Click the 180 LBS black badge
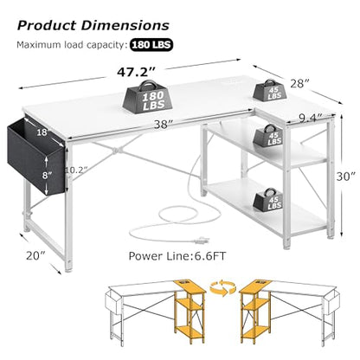point(151,45)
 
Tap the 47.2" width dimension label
point(136,73)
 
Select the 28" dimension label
point(299,84)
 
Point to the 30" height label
point(346,177)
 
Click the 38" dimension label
point(163,125)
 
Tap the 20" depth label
point(35,255)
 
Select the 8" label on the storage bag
point(47,175)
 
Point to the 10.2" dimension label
point(76,170)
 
